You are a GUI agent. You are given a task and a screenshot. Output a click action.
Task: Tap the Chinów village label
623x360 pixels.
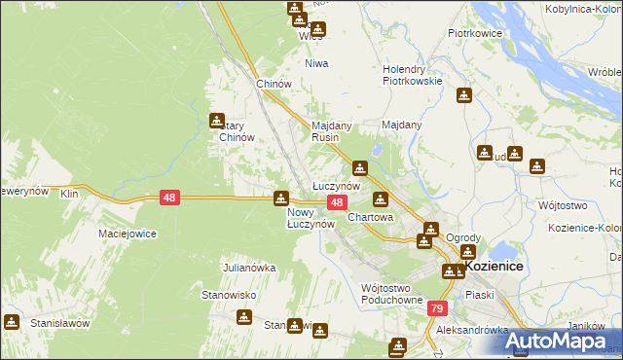(274, 85)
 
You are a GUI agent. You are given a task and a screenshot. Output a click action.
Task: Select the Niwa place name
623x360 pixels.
(316, 63)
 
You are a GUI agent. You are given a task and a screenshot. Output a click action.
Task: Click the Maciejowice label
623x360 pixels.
(128, 234)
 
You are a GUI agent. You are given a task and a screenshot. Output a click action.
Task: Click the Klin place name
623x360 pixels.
(68, 195)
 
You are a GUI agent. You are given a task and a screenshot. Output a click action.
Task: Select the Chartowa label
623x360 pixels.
(370, 218)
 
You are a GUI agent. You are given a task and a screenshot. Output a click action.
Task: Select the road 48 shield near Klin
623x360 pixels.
(170, 198)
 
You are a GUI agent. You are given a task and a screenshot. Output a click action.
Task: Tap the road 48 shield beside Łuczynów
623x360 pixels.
(336, 202)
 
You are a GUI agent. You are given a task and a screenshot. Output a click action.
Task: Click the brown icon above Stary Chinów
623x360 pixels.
(217, 121)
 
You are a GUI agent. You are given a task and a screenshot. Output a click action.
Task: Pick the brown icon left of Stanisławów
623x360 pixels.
(11, 321)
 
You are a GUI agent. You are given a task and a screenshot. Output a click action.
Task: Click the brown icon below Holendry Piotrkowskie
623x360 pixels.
(464, 95)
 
